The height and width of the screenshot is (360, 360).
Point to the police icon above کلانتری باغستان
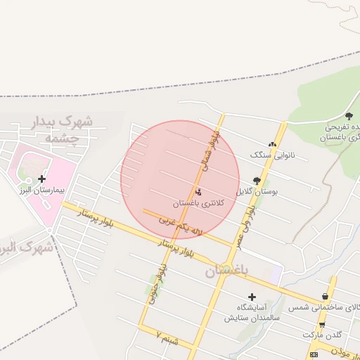pos(198,192)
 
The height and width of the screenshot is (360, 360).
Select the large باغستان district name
pos(227,271)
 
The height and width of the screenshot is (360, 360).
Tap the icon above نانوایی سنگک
pos(272,143)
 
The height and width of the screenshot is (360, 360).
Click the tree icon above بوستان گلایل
pos(257,180)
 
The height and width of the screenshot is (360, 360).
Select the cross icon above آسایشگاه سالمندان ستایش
pos(251,297)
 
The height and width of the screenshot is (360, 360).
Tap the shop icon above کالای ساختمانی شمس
pos(324,297)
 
